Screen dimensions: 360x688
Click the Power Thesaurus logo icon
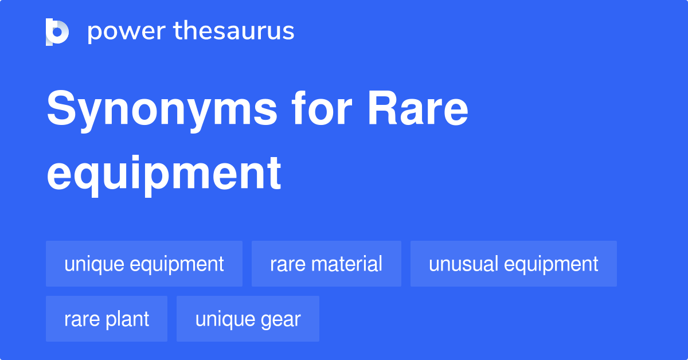[57, 32]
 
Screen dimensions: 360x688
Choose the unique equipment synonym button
[144, 264]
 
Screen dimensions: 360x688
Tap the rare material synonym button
[326, 264]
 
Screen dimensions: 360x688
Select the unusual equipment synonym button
[513, 264]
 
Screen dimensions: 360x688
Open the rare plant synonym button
[107, 319]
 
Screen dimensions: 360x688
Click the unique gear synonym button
[248, 319]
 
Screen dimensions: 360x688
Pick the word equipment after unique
[177, 265]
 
